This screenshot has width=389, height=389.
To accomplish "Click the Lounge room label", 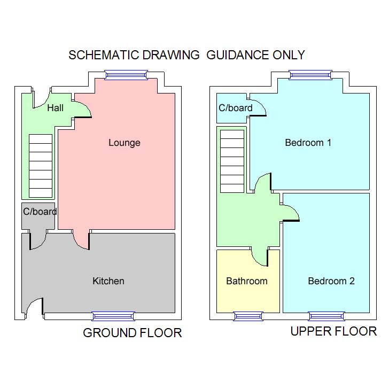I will tap(124, 143).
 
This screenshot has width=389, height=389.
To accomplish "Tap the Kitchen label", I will tap(108, 281).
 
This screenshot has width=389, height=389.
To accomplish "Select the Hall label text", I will tap(55, 108).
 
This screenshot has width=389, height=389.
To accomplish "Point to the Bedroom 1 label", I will tap(308, 143).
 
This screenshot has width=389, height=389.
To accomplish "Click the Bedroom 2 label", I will tap(331, 281).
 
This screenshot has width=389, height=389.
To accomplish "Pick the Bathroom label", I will tap(246, 281).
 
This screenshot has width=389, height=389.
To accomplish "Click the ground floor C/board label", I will tap(40, 212).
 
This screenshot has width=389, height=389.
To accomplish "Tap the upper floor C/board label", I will tap(236, 108).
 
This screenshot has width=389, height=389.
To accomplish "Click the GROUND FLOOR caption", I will tap(132, 333).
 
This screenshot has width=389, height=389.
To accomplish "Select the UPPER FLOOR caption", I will tap(333, 331).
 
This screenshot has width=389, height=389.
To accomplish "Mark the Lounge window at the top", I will tap(126, 75).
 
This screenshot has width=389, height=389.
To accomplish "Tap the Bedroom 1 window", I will tap(310, 75).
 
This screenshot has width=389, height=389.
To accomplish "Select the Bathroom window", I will tap(248, 316).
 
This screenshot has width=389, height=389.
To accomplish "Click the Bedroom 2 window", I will tap(326, 316).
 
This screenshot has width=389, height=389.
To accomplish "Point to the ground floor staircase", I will tap(41, 166).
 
